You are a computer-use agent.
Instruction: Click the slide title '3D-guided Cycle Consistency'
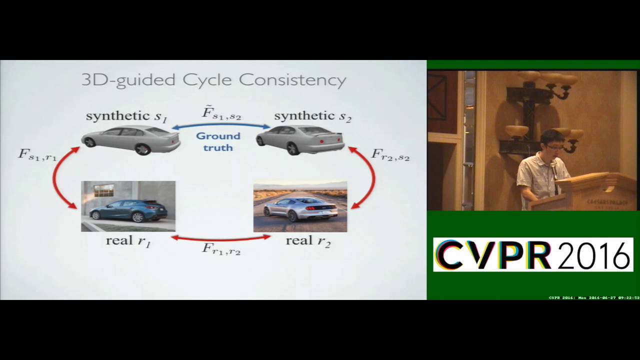point(213,80)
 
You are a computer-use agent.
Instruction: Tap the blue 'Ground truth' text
point(218,141)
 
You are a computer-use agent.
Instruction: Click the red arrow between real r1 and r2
point(221,238)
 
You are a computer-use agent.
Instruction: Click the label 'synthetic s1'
point(126,117)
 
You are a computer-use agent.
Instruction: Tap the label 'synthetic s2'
point(312,117)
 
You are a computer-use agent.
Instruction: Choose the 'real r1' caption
point(128,241)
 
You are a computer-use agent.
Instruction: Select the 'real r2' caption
point(308,241)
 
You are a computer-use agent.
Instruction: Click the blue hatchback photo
point(128,206)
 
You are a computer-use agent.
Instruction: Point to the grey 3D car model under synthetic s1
point(130,139)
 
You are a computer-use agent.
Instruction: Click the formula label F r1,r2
point(221,248)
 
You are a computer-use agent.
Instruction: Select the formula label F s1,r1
point(37,154)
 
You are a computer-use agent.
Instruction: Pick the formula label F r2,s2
point(390,154)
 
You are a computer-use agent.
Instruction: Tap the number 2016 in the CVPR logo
point(592,255)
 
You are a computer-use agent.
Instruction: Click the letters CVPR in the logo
point(492,255)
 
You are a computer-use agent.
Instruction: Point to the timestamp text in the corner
point(594,297)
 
